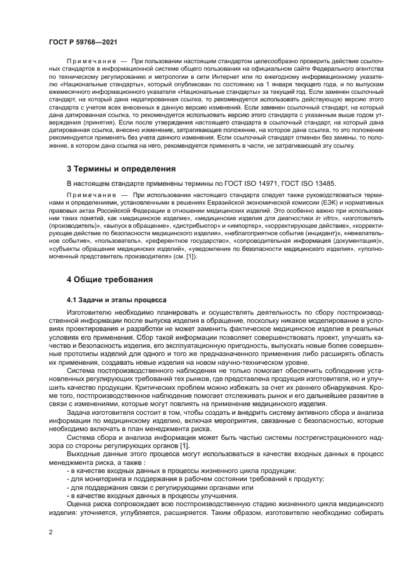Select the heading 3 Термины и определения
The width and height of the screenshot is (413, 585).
pos(121,169)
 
